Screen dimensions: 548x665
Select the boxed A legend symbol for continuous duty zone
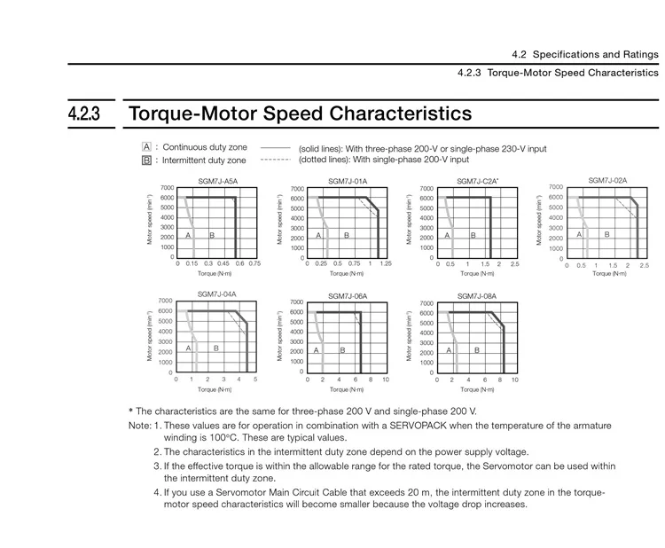point(146,146)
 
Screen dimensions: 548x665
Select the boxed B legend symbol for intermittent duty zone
point(146,160)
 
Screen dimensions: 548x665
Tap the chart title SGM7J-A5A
point(217,181)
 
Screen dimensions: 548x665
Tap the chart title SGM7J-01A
point(347,181)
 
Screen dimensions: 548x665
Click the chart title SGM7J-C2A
point(477,181)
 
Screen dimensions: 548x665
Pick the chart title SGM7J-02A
point(607,180)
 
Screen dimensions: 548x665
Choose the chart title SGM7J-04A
point(216,294)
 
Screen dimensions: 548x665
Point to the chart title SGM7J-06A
point(347,295)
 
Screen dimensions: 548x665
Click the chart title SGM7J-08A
point(477,295)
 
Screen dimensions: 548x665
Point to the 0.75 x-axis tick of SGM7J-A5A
point(254,263)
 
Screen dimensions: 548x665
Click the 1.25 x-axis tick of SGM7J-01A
point(385,263)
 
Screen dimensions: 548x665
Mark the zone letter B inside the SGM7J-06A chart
point(342,350)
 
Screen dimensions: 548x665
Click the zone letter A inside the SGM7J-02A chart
point(579,234)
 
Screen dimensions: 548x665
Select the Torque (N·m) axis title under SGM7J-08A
point(477,388)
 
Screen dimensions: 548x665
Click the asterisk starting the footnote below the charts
point(130,411)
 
